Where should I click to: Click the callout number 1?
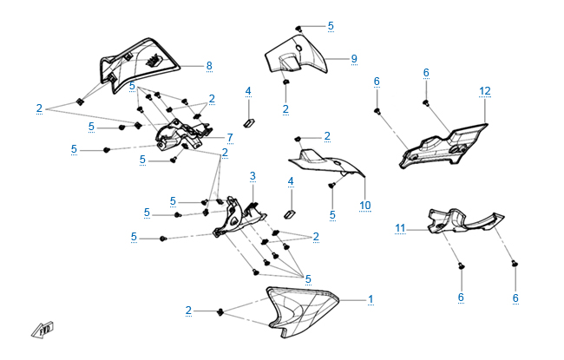371,299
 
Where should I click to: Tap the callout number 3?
252,176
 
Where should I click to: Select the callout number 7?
230,138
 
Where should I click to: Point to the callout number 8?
208,66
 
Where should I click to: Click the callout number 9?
354,59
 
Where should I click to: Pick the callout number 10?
365,205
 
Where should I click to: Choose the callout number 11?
401,228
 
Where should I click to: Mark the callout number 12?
485,90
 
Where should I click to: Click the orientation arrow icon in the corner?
43,330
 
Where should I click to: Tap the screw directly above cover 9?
298,27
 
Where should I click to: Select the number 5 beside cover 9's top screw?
331,26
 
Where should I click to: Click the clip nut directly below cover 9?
285,83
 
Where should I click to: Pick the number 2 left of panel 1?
188,310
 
